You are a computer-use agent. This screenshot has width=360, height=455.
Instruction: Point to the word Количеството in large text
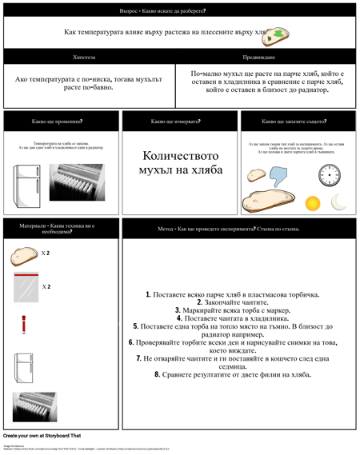pyautogui.click(x=180, y=156)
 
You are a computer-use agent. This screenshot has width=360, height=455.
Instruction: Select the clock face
pyautogui.click(x=329, y=175)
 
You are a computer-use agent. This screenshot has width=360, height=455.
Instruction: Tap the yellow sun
pyautogui.click(x=312, y=203)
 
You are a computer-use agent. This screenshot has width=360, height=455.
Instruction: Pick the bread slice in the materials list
pyautogui.click(x=24, y=255)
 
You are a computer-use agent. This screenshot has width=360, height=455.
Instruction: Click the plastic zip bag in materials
pyautogui.click(x=25, y=286)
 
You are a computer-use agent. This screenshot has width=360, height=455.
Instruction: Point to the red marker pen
pyautogui.click(x=25, y=324)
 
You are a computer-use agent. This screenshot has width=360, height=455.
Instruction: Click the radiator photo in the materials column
pyautogui.click(x=34, y=406)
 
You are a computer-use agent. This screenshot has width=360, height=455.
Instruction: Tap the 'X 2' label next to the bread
pyautogui.click(x=46, y=253)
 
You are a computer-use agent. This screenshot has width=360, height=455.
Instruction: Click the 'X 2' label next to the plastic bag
pyautogui.click(x=46, y=286)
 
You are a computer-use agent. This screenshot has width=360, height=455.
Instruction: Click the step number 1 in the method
pyautogui.click(x=148, y=295)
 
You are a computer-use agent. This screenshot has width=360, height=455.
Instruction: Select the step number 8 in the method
pyautogui.click(x=158, y=374)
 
